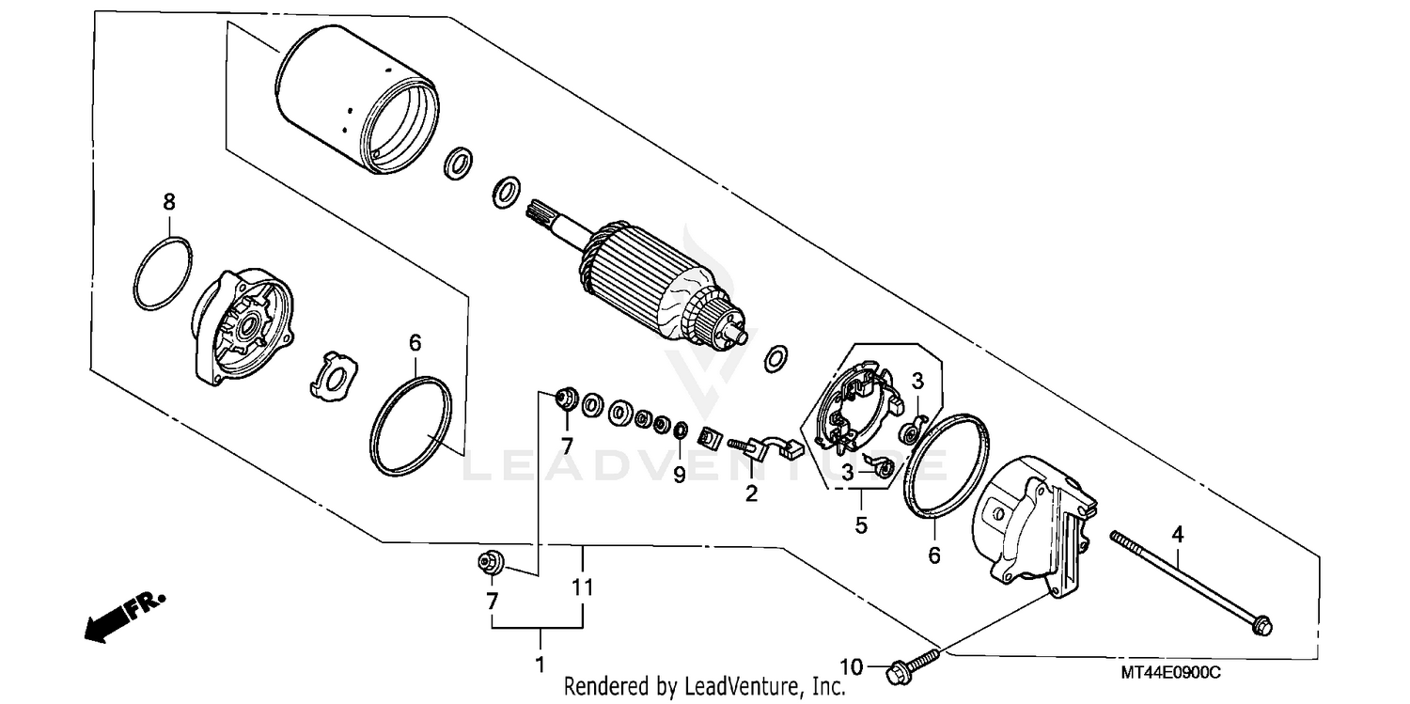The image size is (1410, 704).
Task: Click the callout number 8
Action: coord(169,201)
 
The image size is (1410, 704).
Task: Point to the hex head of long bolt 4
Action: coord(1262,623)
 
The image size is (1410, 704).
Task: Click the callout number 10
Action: coord(851,667)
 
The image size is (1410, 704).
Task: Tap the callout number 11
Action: coord(583,588)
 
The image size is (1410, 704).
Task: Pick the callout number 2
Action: coord(751,493)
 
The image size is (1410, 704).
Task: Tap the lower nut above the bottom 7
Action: coord(490,563)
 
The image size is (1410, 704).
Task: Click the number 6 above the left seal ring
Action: coord(415,344)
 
